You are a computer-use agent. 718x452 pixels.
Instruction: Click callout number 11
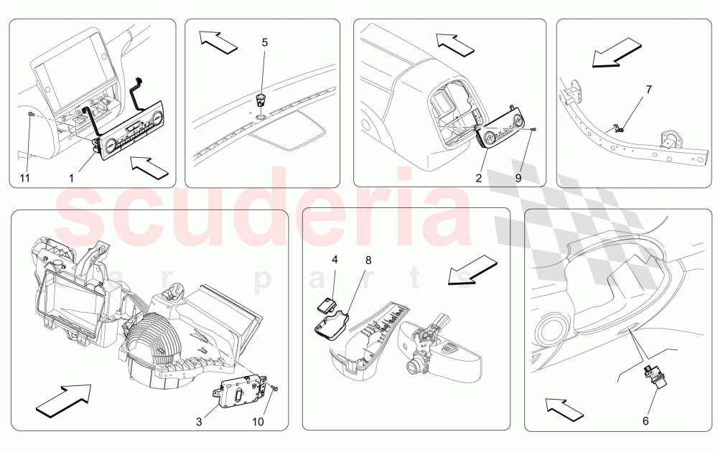(x=24, y=178)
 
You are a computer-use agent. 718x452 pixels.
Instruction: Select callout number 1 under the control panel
(x=71, y=178)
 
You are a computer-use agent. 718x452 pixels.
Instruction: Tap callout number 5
(x=265, y=42)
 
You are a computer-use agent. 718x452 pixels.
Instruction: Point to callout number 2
(x=478, y=178)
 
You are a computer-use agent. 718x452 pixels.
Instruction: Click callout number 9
(x=518, y=178)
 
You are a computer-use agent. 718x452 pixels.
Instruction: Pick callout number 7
(x=649, y=90)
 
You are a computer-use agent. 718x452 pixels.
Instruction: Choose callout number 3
(x=199, y=421)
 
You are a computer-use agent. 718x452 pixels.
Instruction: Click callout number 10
(x=258, y=421)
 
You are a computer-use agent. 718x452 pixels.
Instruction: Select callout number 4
(x=335, y=260)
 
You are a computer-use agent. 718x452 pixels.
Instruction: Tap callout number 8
(x=368, y=260)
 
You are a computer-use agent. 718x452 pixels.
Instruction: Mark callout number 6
(x=645, y=420)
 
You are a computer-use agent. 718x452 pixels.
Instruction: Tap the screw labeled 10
(x=275, y=388)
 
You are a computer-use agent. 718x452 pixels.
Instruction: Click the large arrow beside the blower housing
(x=63, y=400)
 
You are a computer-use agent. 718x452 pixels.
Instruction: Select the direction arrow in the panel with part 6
(x=564, y=408)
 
